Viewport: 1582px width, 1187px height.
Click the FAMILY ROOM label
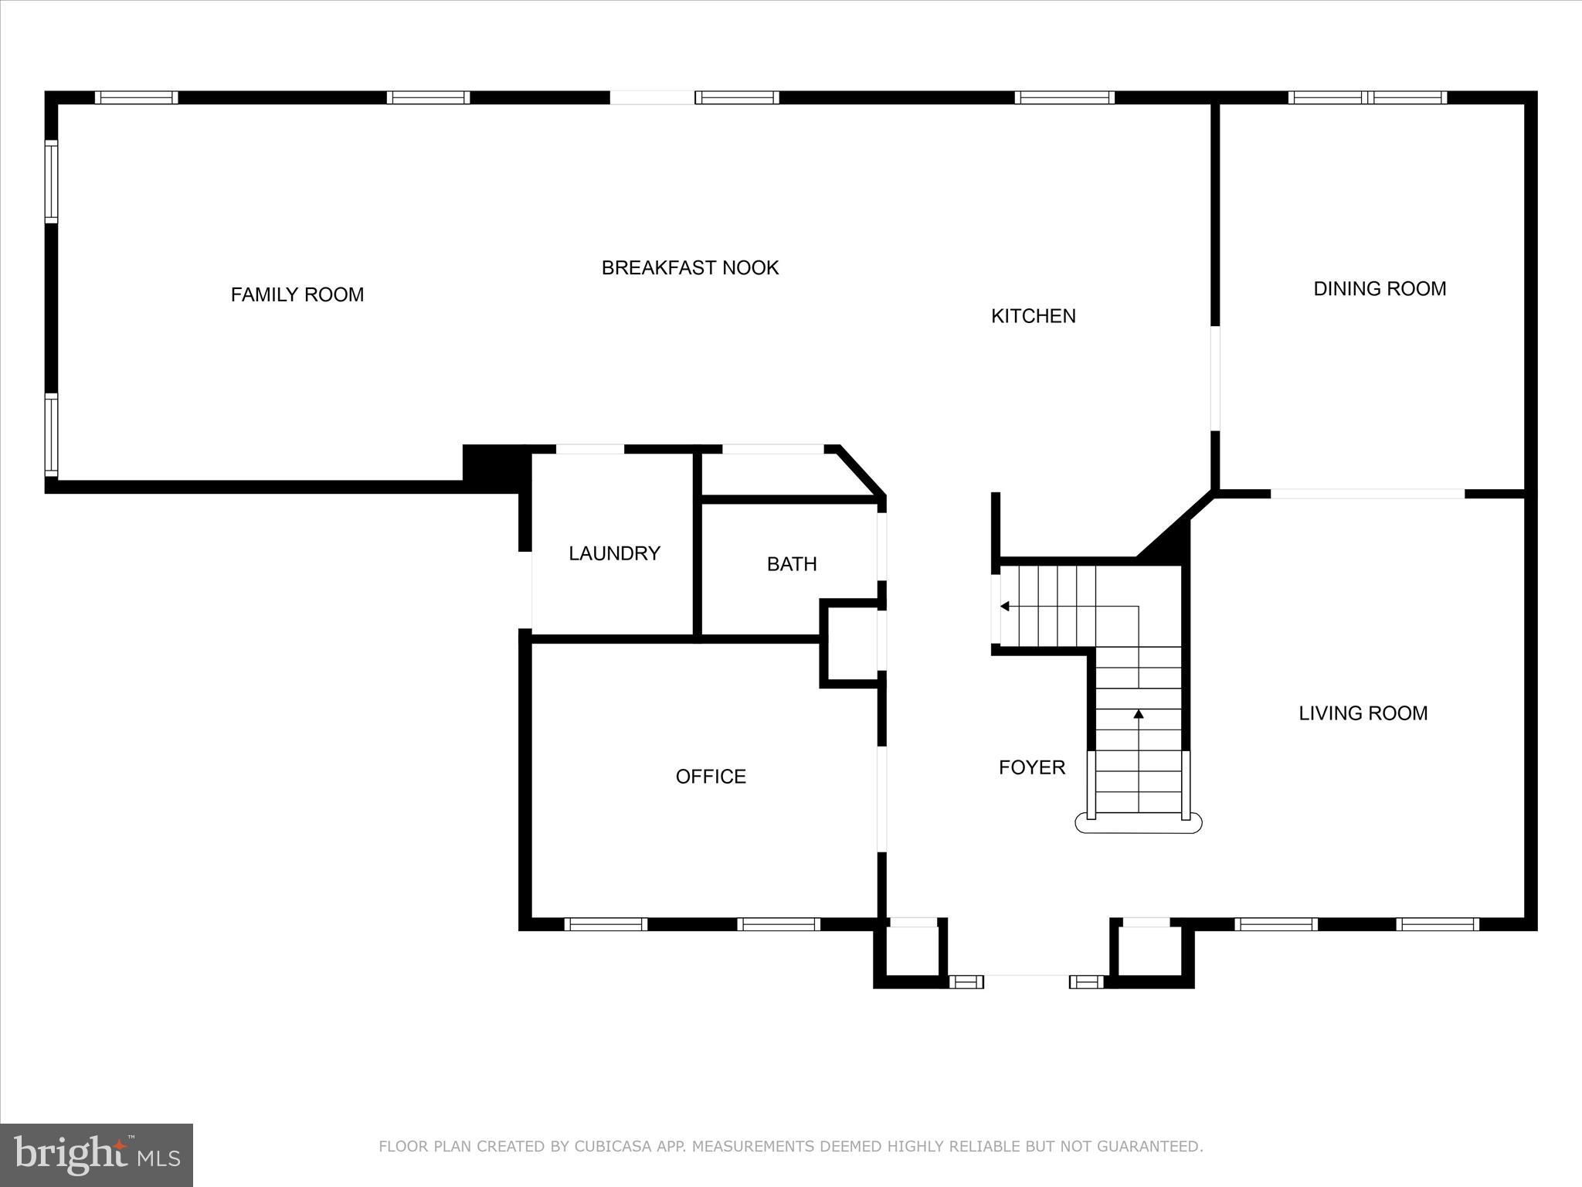tap(297, 294)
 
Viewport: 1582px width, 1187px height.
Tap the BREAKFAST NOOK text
tap(690, 267)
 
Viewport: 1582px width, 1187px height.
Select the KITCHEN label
tap(1033, 315)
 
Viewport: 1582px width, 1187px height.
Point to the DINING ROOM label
tap(1380, 288)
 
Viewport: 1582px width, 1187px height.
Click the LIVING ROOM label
tap(1363, 713)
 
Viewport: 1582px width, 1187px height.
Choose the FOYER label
tap(1031, 767)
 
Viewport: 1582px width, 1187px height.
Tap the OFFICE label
tap(711, 776)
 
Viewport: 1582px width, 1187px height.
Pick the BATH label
tap(792, 564)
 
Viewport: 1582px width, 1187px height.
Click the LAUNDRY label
tap(614, 553)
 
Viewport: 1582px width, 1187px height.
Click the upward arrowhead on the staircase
tap(1139, 714)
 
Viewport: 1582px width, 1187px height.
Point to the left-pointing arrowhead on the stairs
tap(1005, 607)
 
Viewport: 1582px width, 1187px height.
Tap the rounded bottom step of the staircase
tap(1139, 824)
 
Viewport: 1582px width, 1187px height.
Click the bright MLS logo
tap(97, 1155)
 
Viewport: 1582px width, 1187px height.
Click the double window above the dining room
tap(1367, 97)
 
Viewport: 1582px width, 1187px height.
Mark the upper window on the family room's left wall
tap(51, 181)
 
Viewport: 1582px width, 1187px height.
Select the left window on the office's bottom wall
tap(606, 923)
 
